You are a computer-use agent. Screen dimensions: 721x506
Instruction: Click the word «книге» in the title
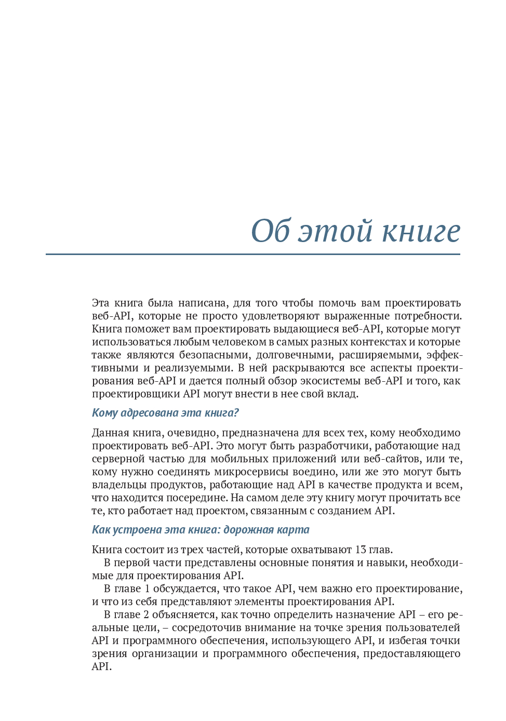[421, 231]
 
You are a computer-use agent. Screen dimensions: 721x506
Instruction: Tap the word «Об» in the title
[270, 231]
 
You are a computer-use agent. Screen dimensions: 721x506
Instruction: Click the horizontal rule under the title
[253, 255]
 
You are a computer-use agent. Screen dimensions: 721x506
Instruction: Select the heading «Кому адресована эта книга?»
[165, 413]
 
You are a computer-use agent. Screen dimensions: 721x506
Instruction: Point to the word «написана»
[203, 303]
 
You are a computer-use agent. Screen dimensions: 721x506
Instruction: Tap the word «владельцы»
[119, 485]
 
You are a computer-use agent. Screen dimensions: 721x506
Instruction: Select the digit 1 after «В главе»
[147, 589]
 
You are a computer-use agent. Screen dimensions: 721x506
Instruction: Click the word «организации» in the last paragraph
[165, 653]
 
